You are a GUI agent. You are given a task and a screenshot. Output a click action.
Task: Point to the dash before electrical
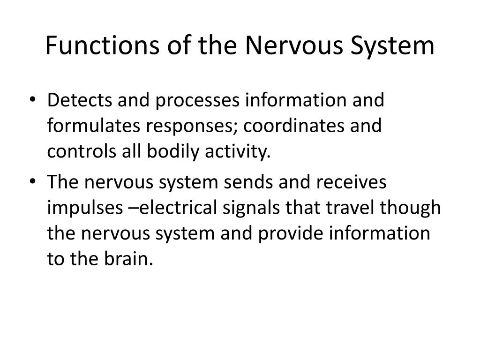(x=131, y=208)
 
